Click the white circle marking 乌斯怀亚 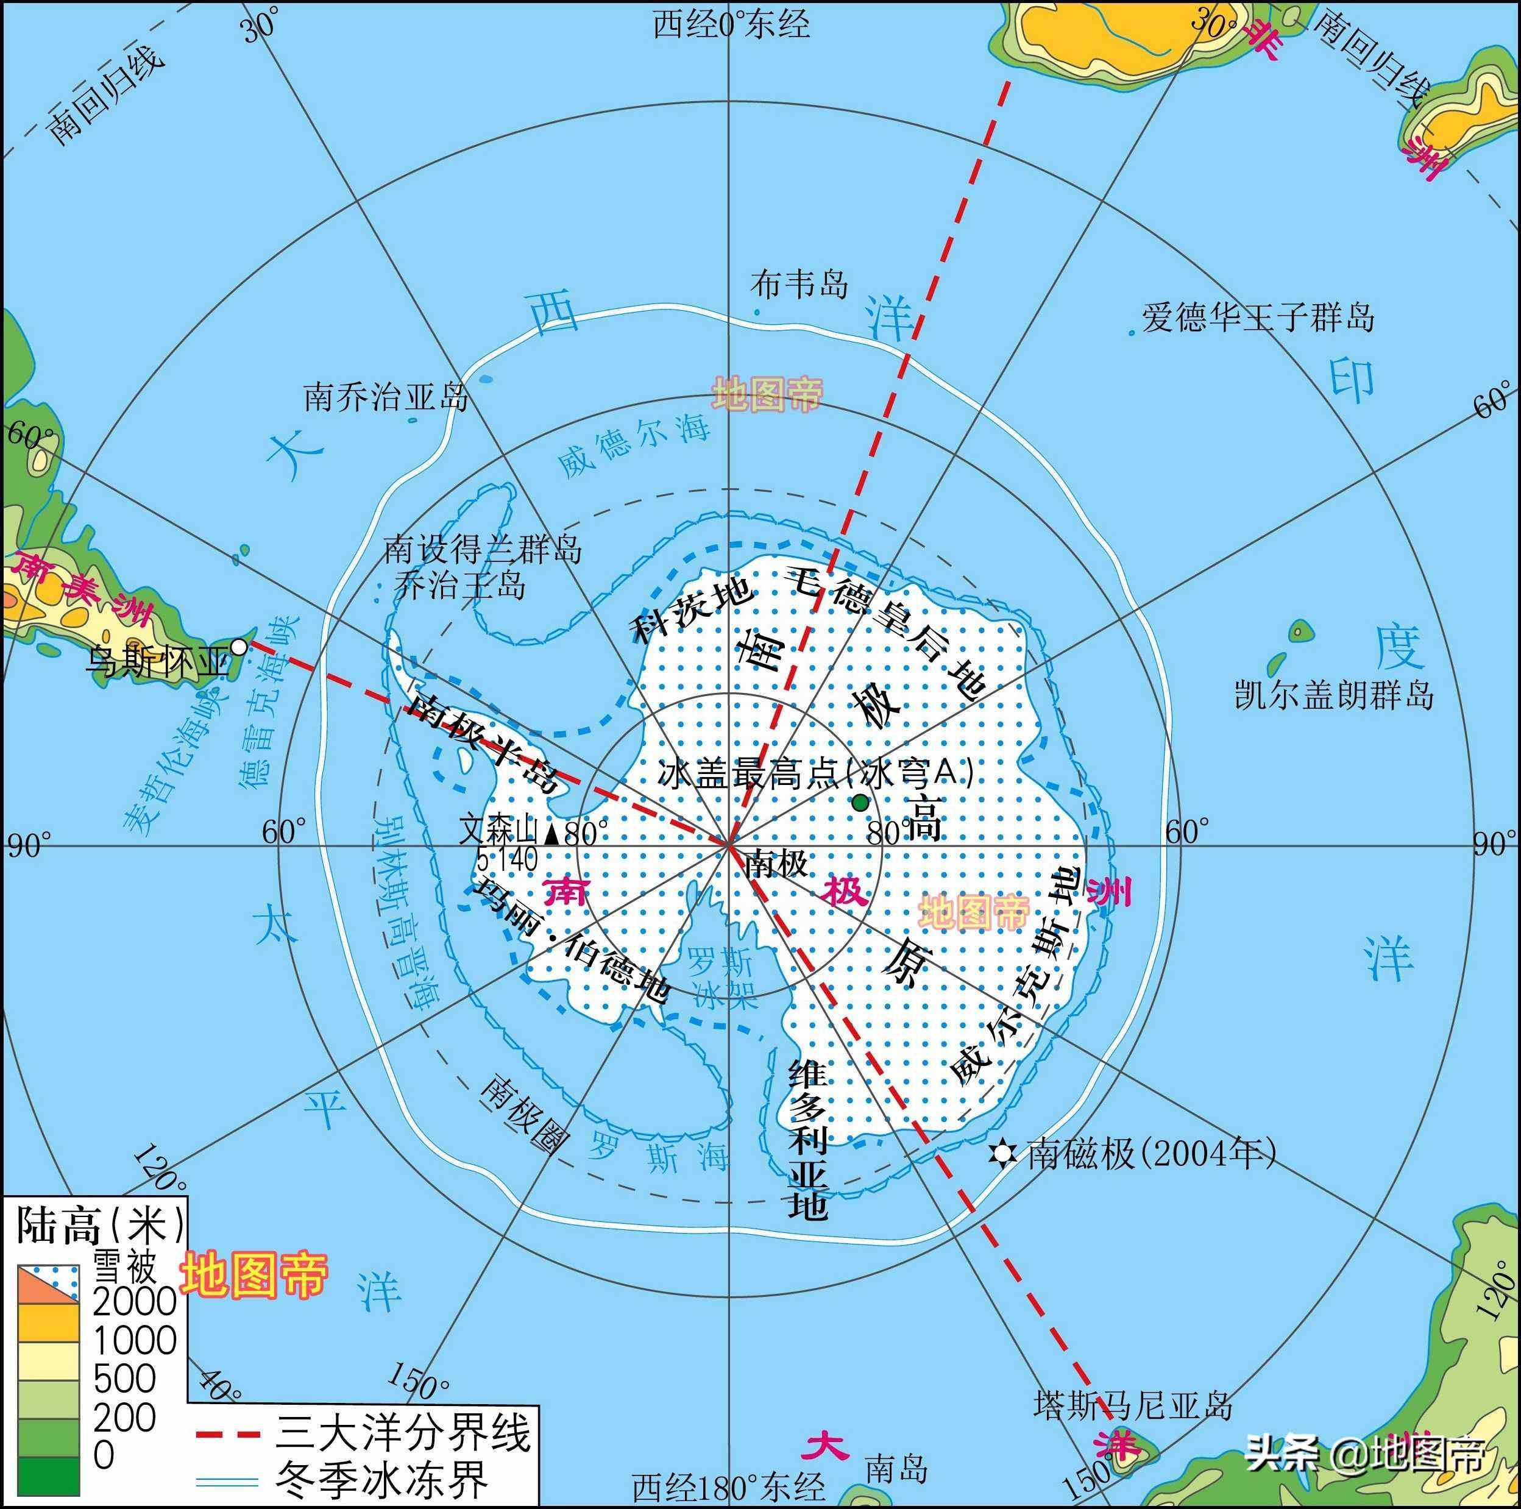point(238,648)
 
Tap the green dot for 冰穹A point(860,802)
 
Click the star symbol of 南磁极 point(1001,1154)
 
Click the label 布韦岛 point(799,283)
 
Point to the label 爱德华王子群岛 point(1257,318)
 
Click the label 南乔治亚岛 point(386,397)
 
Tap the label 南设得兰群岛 point(483,549)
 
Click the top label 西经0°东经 point(731,25)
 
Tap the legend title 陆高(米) point(100,1226)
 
